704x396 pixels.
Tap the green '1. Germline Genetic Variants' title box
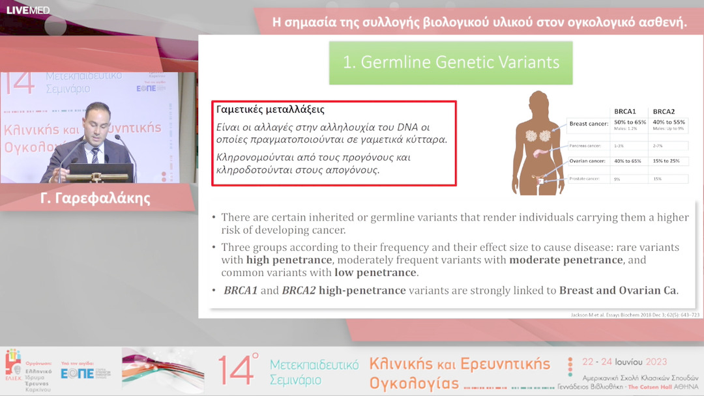[x=450, y=63]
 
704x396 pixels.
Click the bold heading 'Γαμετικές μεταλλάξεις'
[x=270, y=109]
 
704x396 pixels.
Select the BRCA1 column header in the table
[x=625, y=111]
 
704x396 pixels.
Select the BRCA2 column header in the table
[x=664, y=111]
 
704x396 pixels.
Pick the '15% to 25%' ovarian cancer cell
[x=666, y=160]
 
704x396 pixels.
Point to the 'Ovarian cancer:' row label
[x=587, y=160]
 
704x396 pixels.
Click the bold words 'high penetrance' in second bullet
[x=289, y=260]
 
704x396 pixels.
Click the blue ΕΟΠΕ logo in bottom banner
[x=77, y=373]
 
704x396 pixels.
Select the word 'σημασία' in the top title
[x=313, y=22]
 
